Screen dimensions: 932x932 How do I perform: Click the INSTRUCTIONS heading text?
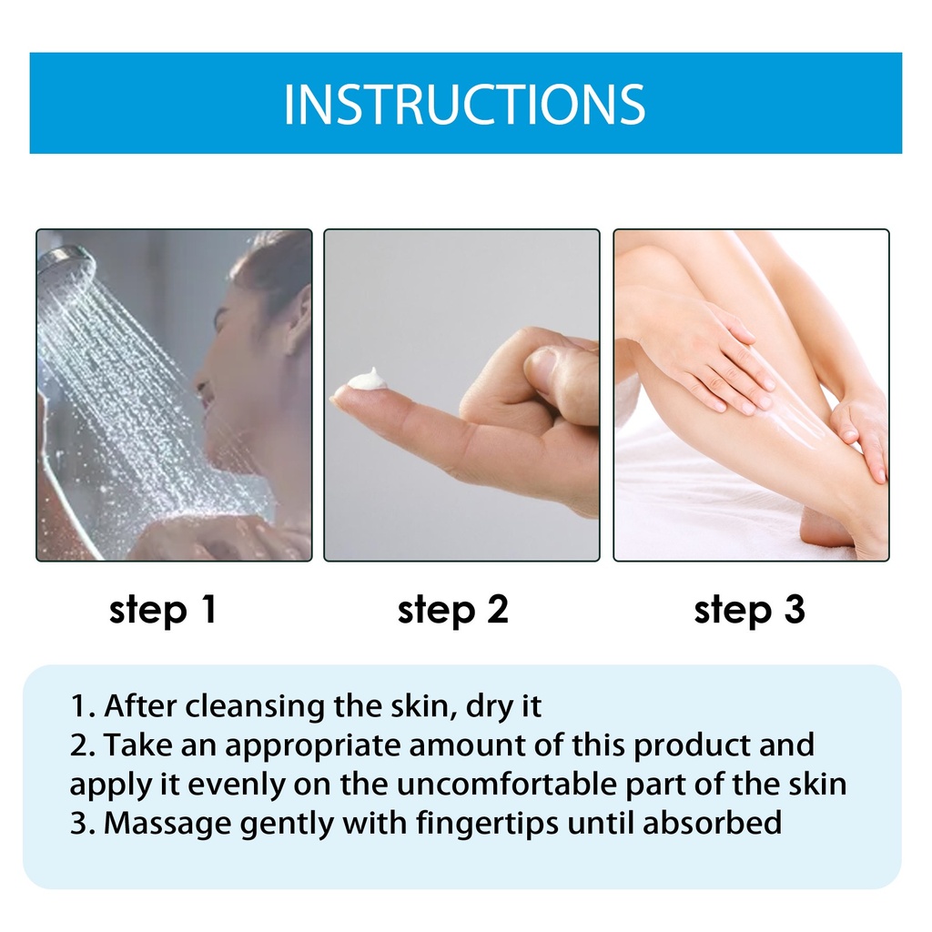465,104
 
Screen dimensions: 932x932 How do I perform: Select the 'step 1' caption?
162,611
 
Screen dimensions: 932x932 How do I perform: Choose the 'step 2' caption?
453,611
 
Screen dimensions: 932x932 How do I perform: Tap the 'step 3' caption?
750,611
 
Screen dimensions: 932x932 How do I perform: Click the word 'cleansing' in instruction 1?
256,706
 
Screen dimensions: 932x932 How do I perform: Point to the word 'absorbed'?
713,823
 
